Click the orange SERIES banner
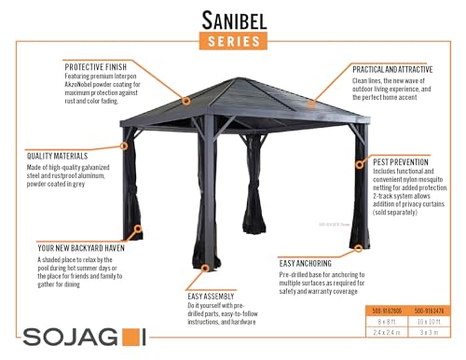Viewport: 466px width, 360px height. pyautogui.click(x=232, y=40)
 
